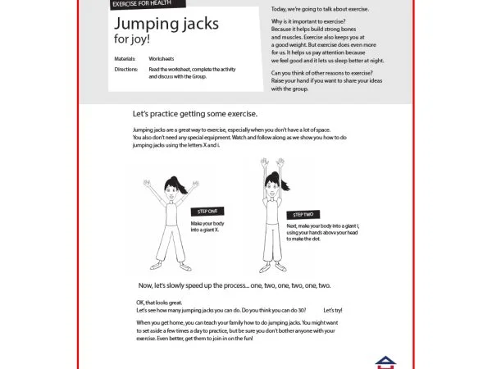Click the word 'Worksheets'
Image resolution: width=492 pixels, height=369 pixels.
(x=162, y=60)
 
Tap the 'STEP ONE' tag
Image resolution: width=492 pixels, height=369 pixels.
(x=207, y=212)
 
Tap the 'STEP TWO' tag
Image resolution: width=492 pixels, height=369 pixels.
(x=302, y=214)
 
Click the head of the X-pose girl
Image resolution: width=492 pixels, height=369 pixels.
(x=171, y=189)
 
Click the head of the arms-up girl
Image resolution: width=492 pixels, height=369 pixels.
(x=272, y=190)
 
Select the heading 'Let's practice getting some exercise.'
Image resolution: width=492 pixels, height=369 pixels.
(x=194, y=114)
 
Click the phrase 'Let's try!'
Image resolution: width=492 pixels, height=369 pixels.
(x=333, y=311)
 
